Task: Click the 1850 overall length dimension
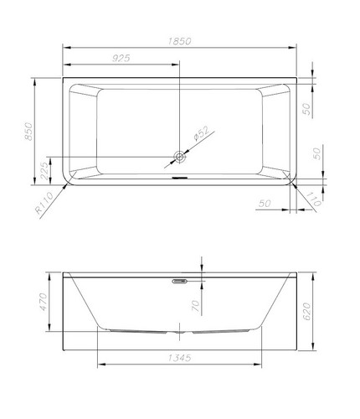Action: coord(180,41)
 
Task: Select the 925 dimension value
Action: coord(121,58)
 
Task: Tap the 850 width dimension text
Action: coord(28,131)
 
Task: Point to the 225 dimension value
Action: coord(44,170)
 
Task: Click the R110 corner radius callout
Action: coord(44,203)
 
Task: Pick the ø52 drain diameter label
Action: coord(202,133)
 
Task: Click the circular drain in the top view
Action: coord(180,157)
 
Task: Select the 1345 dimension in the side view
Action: coord(179,358)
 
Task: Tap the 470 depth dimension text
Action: coord(44,302)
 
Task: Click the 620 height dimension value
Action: coord(306,311)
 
